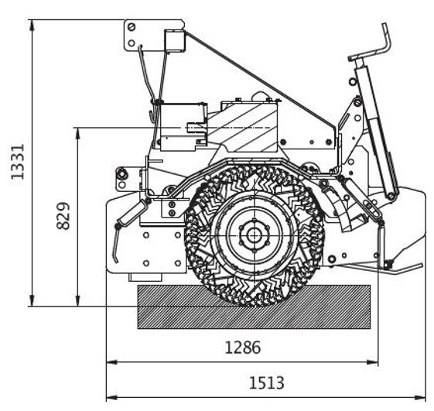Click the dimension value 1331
(x=18, y=162)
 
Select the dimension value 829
(x=63, y=216)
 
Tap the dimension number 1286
(x=243, y=348)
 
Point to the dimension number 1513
(x=267, y=383)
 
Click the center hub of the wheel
(x=253, y=235)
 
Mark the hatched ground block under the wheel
(x=254, y=307)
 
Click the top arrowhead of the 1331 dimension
(x=32, y=25)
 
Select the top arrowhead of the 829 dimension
(x=78, y=133)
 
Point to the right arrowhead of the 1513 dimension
(x=419, y=397)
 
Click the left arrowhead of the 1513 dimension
(x=112, y=397)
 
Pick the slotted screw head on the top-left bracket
(x=132, y=27)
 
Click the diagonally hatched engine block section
(x=242, y=128)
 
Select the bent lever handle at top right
(x=374, y=50)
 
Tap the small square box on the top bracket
(x=174, y=40)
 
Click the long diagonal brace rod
(x=261, y=80)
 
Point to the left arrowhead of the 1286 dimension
(x=112, y=362)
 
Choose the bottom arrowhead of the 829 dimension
(x=78, y=301)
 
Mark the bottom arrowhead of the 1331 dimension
(x=32, y=301)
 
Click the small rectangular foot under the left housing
(x=145, y=278)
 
